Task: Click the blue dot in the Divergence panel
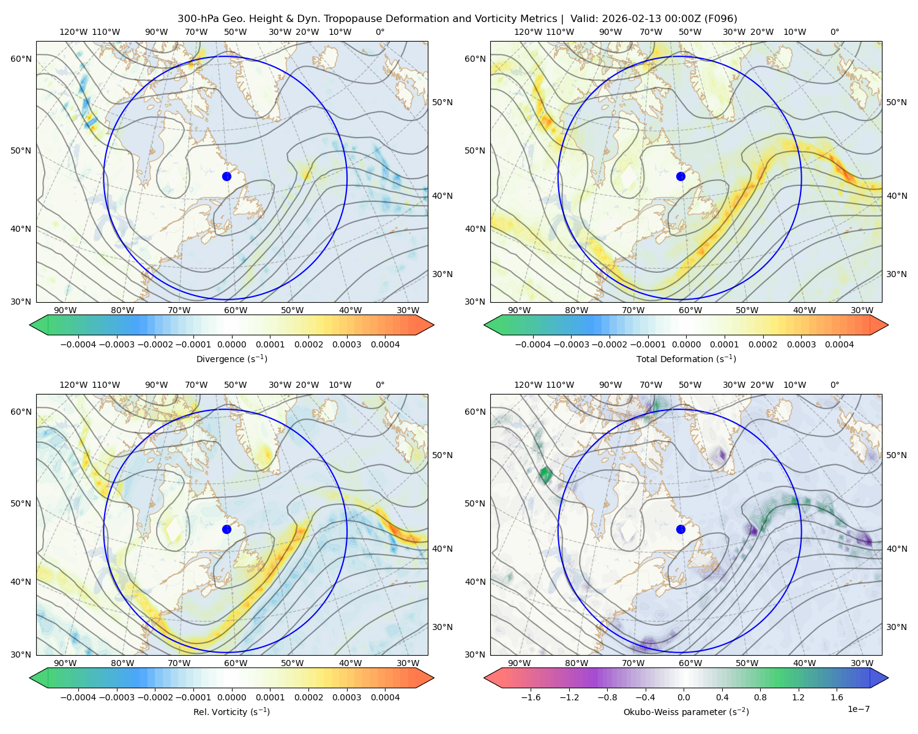tap(226, 176)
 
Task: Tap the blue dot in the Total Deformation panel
tap(681, 176)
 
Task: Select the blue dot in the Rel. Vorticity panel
tap(226, 529)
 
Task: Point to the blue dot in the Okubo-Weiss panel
tap(681, 529)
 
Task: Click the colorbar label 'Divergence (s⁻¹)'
tap(231, 358)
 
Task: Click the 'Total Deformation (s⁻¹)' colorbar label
tap(686, 358)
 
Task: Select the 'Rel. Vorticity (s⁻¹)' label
tap(231, 711)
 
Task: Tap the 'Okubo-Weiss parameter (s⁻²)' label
tap(686, 711)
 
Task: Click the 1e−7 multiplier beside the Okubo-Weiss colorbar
tap(858, 709)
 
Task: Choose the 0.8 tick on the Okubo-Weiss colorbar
tap(760, 697)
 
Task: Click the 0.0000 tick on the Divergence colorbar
tap(231, 344)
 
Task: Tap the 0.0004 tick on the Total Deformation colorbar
tap(839, 344)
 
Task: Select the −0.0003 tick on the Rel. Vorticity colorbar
tap(116, 697)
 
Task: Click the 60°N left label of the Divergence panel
tap(21, 59)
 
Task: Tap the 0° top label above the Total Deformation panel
tap(834, 32)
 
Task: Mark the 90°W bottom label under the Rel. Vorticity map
tap(65, 663)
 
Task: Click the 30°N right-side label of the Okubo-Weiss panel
tap(896, 627)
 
